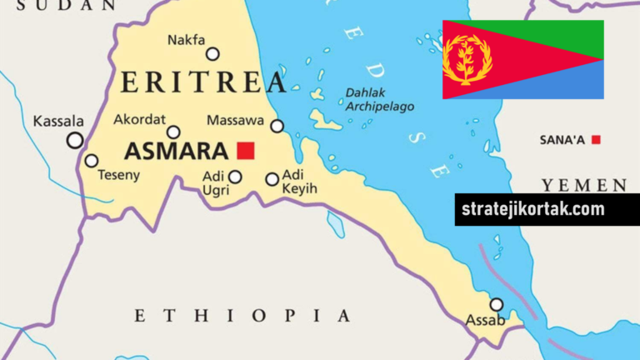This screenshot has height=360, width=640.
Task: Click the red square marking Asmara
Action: [x=245, y=151]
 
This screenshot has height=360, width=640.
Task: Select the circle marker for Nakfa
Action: [x=213, y=54]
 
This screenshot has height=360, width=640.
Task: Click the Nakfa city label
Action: [x=185, y=39]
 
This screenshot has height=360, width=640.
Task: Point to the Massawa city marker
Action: [x=277, y=126]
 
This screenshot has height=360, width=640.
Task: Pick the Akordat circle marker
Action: [x=173, y=132]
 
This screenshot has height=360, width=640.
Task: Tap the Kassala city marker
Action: [x=75, y=141]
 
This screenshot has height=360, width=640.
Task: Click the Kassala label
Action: [x=58, y=122]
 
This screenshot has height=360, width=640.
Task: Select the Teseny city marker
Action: [x=92, y=161]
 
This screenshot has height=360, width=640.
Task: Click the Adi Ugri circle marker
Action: [x=235, y=177]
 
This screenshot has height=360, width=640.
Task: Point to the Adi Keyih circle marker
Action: [x=272, y=179]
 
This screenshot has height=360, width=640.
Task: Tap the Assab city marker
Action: [x=497, y=304]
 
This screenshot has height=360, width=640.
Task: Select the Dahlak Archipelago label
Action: [x=379, y=100]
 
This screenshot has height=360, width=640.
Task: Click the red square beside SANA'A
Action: [x=596, y=139]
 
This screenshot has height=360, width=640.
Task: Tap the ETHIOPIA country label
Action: [x=242, y=315]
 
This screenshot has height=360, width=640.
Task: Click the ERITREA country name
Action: [x=203, y=82]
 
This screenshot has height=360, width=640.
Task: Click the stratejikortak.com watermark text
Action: [x=533, y=208]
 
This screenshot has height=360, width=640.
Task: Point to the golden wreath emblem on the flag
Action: [x=467, y=59]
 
